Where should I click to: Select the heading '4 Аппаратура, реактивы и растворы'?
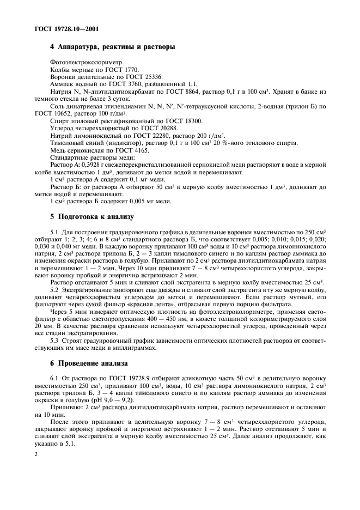[113, 47]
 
